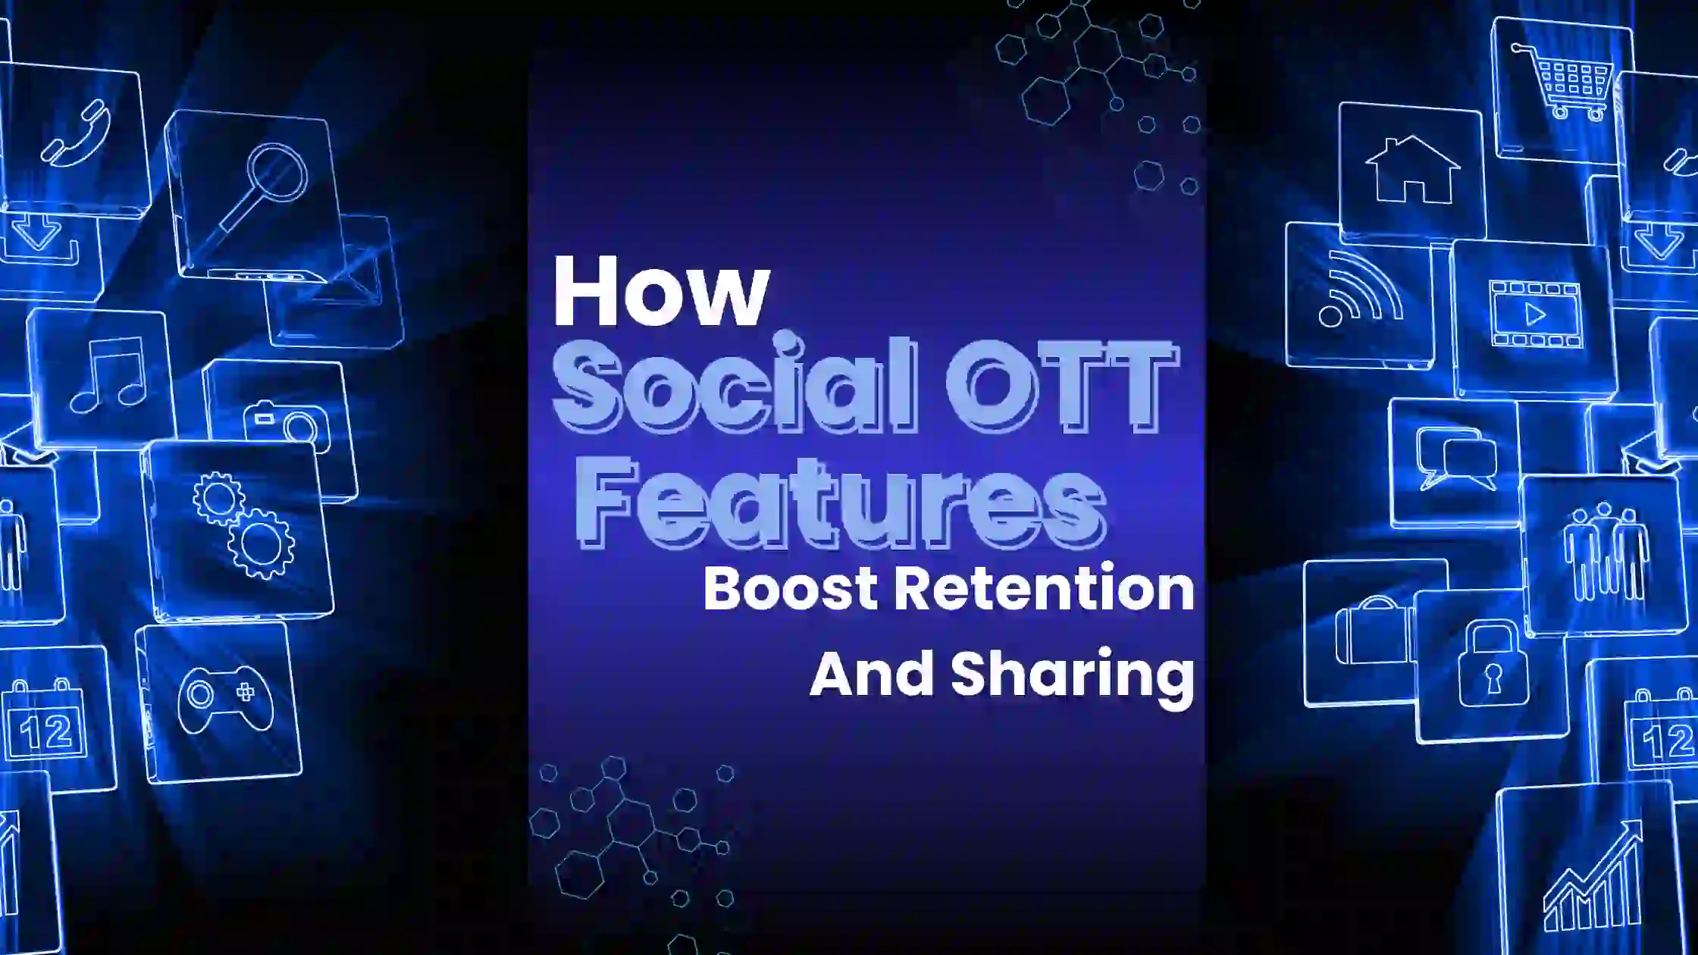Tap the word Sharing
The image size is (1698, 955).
[x=1073, y=677]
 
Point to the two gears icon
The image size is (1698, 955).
[x=243, y=524]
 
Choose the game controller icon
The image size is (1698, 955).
[x=225, y=698]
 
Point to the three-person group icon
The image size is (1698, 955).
[x=1606, y=551]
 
